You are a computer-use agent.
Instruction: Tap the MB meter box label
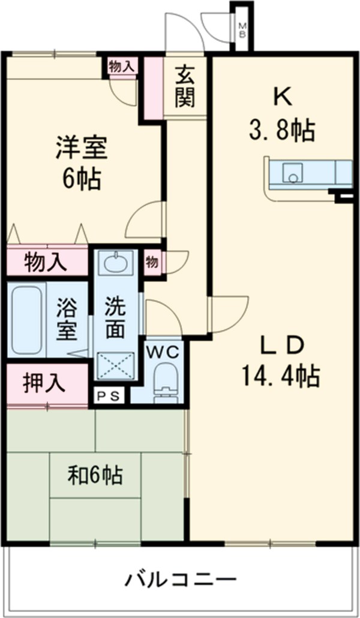242,30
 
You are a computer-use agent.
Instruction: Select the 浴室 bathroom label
66,318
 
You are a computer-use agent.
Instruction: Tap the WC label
161,352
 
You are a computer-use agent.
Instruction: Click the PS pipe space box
110,395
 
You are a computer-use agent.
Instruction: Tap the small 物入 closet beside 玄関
122,66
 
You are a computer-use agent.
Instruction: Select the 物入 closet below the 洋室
46,262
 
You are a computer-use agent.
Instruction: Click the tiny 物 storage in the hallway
152,262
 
